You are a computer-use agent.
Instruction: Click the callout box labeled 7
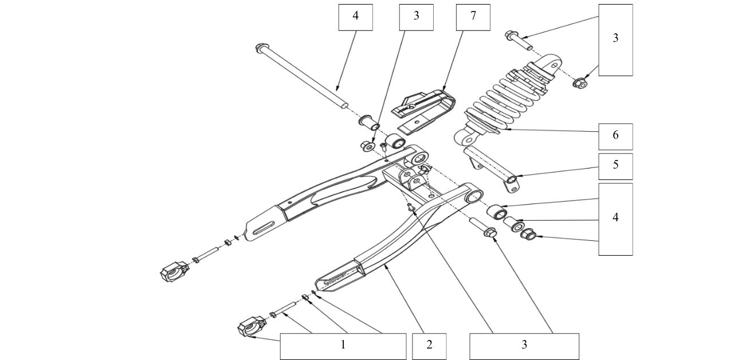[473, 17]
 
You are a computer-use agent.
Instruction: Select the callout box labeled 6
[615, 136]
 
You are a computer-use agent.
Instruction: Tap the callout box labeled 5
[615, 166]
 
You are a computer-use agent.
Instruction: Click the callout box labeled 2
[429, 346]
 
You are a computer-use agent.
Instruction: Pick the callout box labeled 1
[343, 346]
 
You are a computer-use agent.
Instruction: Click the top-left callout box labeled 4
[355, 17]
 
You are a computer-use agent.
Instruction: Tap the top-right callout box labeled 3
[615, 40]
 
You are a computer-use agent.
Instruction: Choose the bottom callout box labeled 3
[524, 346]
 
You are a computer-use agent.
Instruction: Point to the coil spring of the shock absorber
[504, 97]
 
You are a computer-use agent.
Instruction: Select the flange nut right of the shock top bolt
[579, 84]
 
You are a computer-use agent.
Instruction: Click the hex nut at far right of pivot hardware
[528, 234]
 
